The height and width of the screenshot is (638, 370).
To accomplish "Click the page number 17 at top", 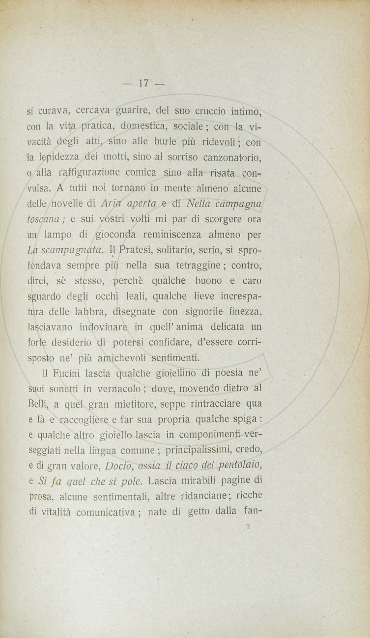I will click(x=144, y=83).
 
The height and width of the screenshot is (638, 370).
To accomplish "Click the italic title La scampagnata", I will click(x=64, y=250).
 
